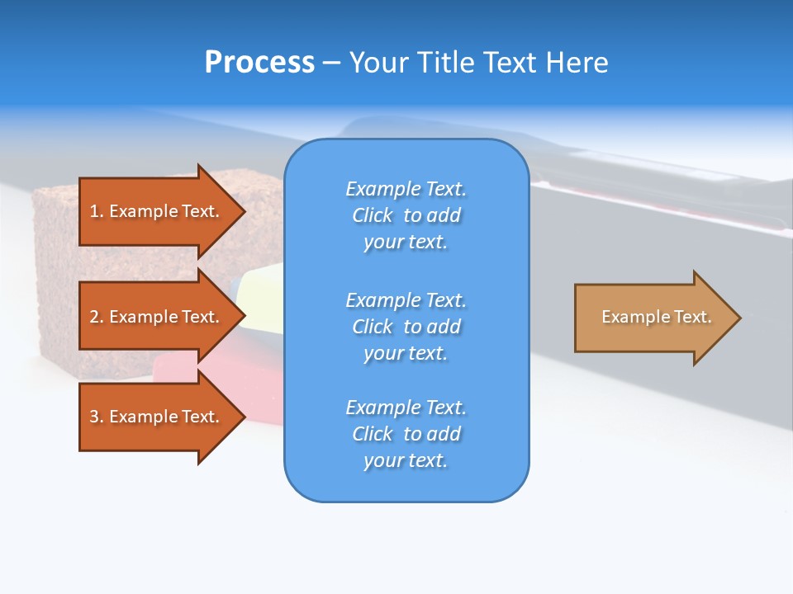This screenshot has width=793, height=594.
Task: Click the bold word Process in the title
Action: pyautogui.click(x=259, y=63)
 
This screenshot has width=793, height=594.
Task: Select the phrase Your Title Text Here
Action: pyautogui.click(x=478, y=63)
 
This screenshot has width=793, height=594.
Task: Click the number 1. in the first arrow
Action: pyautogui.click(x=97, y=211)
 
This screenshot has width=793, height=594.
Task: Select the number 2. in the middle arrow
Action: pyautogui.click(x=97, y=317)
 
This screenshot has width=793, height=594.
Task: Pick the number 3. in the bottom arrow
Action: pyautogui.click(x=97, y=417)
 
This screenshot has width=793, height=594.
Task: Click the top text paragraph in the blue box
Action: pyautogui.click(x=406, y=215)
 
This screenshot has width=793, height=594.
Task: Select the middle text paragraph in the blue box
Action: pyautogui.click(x=406, y=326)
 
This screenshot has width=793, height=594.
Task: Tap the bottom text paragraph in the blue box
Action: pyautogui.click(x=406, y=434)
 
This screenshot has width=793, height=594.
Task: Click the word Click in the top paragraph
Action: pyautogui.click(x=373, y=215)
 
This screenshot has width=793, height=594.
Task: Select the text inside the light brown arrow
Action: pyautogui.click(x=656, y=317)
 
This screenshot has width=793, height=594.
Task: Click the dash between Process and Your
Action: pyautogui.click(x=331, y=63)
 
